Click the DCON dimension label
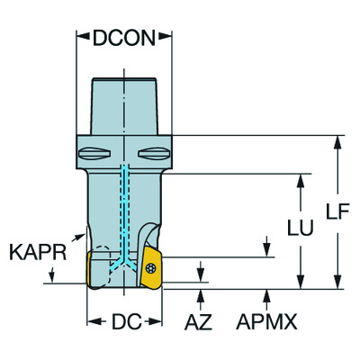pyautogui.click(x=124, y=38)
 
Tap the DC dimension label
pyautogui.click(x=126, y=321)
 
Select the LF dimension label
pyautogui.click(x=337, y=211)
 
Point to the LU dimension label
pyautogui.click(x=301, y=228)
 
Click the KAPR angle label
pyautogui.click(x=38, y=252)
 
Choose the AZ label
pyautogui.click(x=198, y=322)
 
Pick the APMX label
pyautogui.click(x=266, y=322)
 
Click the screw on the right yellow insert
pyautogui.click(x=151, y=268)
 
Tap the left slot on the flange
pyautogui.click(x=94, y=154)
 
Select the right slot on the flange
pyautogui.click(x=154, y=154)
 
